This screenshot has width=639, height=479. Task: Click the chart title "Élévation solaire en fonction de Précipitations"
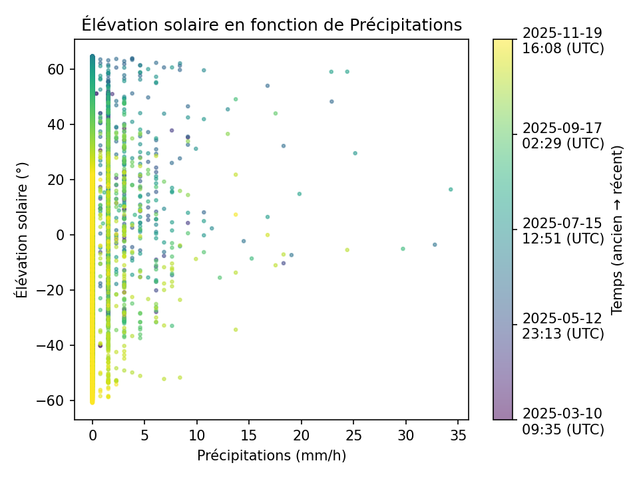click(272, 25)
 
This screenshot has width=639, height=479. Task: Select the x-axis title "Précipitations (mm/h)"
click(272, 456)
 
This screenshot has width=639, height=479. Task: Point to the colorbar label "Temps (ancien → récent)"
click(617, 230)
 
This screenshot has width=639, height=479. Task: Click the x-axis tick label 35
click(458, 435)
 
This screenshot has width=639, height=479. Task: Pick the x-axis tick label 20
click(301, 435)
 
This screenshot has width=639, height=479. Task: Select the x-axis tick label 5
click(144, 435)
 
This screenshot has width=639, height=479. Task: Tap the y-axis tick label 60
click(56, 69)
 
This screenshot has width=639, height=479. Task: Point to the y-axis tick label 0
click(60, 235)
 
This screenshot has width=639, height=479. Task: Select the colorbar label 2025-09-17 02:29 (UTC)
click(563, 135)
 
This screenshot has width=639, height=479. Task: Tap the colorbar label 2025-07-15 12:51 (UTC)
click(563, 230)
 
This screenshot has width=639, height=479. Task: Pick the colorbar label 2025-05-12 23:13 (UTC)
click(563, 325)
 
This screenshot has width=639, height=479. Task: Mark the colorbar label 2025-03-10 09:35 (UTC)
click(563, 421)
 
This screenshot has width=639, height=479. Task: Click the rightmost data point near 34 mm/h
click(451, 190)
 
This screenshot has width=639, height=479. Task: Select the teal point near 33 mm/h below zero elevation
click(435, 245)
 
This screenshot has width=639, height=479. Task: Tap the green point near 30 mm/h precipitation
click(403, 249)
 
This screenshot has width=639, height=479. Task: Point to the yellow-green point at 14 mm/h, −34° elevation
click(236, 329)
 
